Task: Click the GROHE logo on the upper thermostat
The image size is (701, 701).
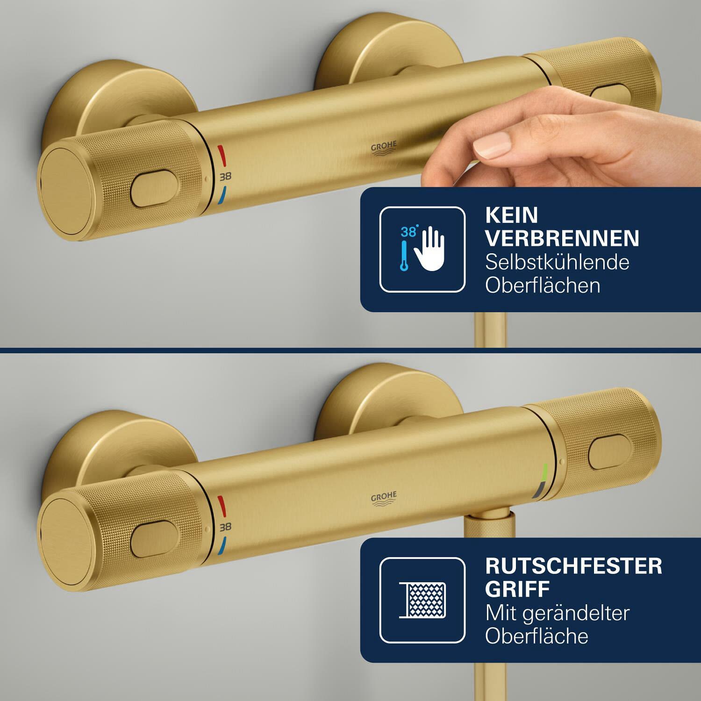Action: pyautogui.click(x=384, y=148)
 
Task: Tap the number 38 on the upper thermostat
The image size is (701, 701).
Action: pyautogui.click(x=225, y=177)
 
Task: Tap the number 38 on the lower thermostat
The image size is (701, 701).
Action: pyautogui.click(x=225, y=527)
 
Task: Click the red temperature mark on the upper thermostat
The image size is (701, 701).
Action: pyautogui.click(x=222, y=153)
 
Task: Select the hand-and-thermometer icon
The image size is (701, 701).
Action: pyautogui.click(x=422, y=250)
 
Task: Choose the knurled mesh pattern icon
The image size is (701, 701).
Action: pyautogui.click(x=422, y=600)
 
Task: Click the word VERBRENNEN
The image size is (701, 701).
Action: pyautogui.click(x=562, y=238)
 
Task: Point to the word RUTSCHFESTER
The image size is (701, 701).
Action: pyautogui.click(x=574, y=566)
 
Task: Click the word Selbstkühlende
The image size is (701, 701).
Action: pyautogui.click(x=557, y=262)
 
